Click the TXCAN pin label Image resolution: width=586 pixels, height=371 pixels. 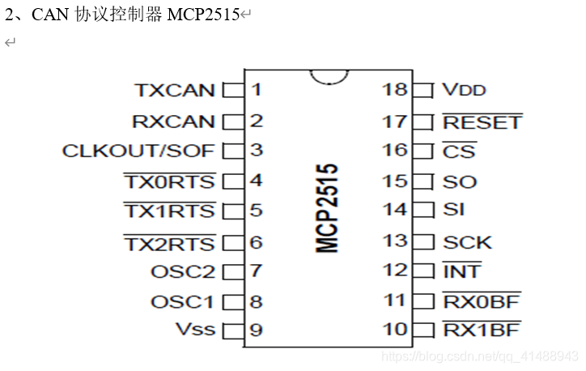point(174,90)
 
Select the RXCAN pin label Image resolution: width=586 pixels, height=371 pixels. point(173,122)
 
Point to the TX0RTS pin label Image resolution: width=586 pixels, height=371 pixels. point(168,181)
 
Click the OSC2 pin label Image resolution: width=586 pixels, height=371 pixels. point(183,271)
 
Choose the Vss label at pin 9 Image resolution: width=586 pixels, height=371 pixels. point(195,330)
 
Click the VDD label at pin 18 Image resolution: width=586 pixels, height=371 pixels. point(464,90)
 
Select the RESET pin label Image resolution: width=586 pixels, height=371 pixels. point(482,122)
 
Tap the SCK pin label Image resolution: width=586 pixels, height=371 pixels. point(467,241)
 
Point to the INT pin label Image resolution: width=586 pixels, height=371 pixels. point(461,271)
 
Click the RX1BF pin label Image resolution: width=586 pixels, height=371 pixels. point(481,330)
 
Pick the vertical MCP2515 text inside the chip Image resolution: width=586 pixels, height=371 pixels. point(327,209)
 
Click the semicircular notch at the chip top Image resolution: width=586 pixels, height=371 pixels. point(329,75)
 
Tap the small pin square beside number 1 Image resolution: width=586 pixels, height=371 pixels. point(233,90)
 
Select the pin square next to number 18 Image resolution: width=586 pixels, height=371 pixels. point(423,90)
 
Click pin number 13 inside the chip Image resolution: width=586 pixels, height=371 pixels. point(394,241)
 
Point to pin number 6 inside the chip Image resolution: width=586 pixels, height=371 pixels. point(256,241)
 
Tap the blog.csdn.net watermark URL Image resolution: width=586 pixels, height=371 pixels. point(479,356)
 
